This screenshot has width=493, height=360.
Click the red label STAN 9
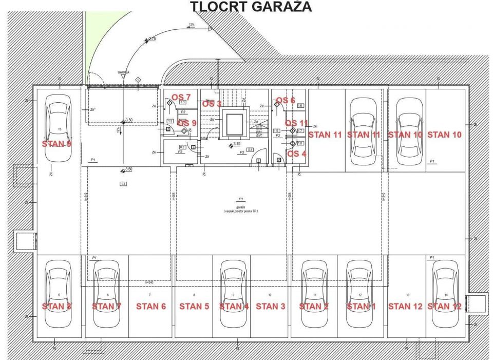click(56, 144)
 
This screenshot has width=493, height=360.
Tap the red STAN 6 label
click(151, 306)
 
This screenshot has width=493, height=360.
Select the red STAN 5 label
click(194, 306)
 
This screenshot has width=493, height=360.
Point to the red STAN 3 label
click(270, 306)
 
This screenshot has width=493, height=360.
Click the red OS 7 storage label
click(181, 97)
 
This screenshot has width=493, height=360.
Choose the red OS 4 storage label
click(296, 154)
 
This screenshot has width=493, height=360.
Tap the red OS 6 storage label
click(286, 100)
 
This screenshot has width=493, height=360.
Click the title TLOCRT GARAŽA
click(251, 7)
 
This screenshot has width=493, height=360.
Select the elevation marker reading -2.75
click(151, 39)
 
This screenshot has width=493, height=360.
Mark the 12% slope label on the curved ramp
click(192, 25)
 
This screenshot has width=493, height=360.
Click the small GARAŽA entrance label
click(123, 72)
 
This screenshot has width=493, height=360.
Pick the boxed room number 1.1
click(123, 183)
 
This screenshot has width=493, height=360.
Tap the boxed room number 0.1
click(250, 149)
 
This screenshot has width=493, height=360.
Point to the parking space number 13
click(407, 295)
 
